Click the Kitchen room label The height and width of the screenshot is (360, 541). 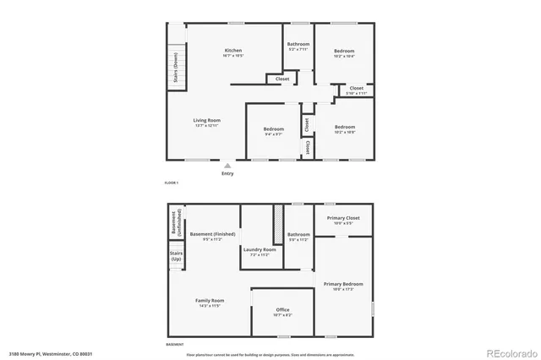233,52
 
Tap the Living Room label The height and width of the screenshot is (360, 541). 208,123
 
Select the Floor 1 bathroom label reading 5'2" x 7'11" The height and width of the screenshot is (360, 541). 298,46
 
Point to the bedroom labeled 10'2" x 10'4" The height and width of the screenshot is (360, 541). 344,53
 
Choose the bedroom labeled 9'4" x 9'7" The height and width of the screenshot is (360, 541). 272,131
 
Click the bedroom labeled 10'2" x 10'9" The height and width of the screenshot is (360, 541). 344,129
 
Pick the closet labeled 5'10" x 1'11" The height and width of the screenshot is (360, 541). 356,90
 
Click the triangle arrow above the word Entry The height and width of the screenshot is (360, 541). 227,166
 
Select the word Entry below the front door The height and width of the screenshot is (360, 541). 227,173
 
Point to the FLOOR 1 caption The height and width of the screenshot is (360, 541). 172,183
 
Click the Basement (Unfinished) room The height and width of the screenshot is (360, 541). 174,221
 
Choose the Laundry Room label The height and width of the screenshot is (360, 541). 260,251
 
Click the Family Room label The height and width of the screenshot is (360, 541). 211,303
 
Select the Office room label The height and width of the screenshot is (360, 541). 282,312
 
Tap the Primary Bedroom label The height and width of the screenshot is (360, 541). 343,286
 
